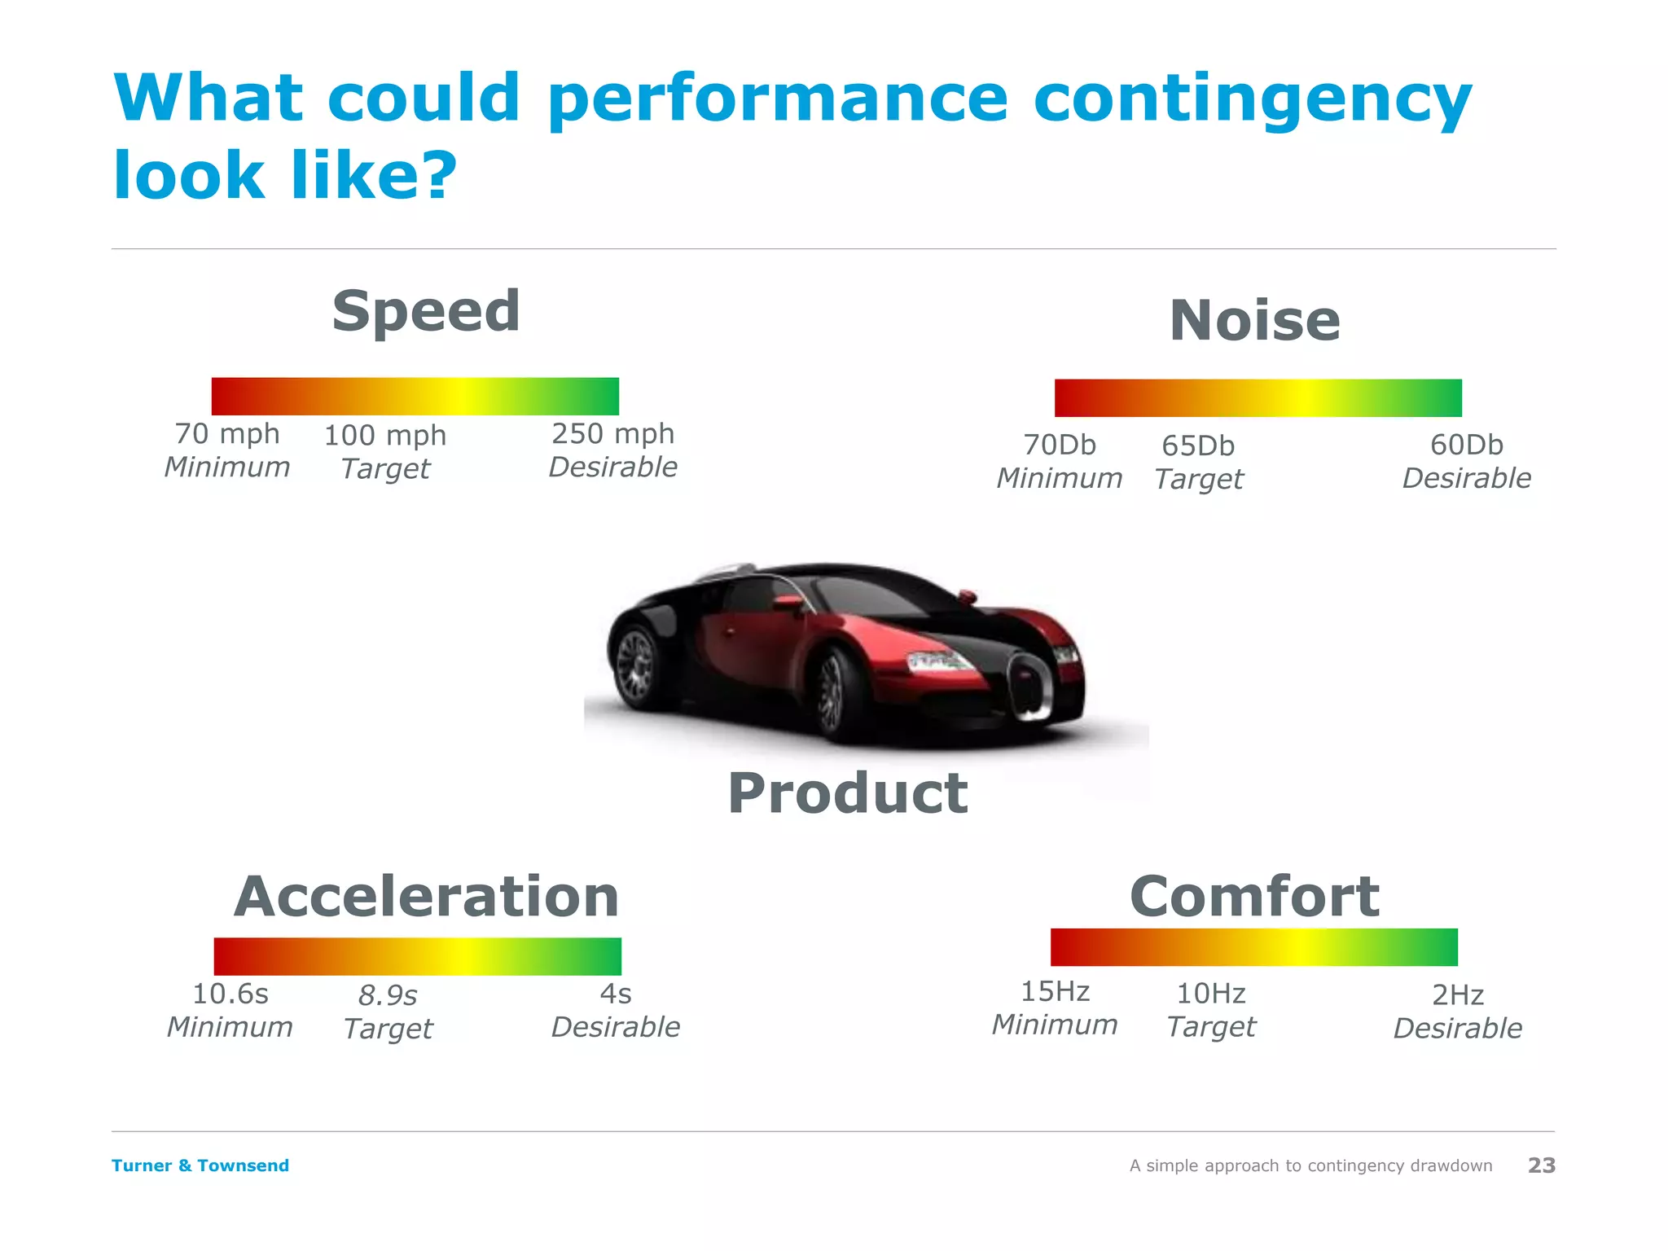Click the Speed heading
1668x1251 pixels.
coord(426,312)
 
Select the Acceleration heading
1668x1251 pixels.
coord(426,897)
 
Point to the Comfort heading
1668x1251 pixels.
coord(1254,897)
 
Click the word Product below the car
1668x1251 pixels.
coord(847,793)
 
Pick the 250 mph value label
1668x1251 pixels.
coord(612,434)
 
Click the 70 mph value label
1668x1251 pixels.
coord(227,434)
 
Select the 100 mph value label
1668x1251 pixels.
coord(385,436)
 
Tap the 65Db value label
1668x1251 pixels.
coord(1198,446)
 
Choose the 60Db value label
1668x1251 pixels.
coord(1466,446)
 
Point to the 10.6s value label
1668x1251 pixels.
coord(230,994)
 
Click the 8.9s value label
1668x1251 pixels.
coord(388,996)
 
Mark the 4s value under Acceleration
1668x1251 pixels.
coord(616,994)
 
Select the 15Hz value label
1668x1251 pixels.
coord(1055,992)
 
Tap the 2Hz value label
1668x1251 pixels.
coord(1457,995)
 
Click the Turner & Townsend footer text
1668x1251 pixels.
coord(200,1165)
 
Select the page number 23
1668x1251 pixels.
coord(1541,1165)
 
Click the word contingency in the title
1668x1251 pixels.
coord(1252,99)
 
